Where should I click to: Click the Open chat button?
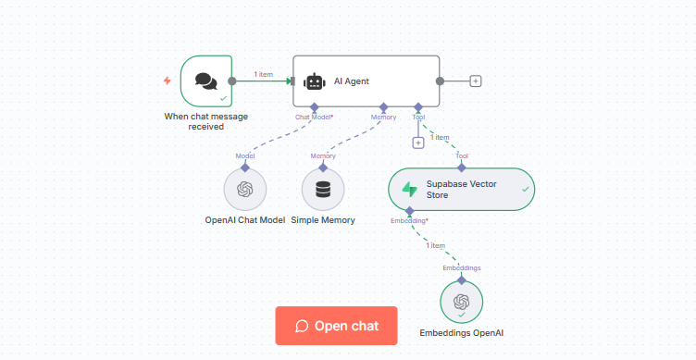[336, 326]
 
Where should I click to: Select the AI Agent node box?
[366, 81]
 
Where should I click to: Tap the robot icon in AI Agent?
[315, 81]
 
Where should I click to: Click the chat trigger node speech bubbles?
[205, 81]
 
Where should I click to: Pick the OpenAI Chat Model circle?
[244, 190]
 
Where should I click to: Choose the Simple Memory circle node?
[323, 190]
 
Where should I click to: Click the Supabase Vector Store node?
[461, 189]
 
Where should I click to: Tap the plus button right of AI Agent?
[476, 81]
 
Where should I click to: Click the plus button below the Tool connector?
[418, 142]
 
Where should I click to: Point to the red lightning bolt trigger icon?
[167, 81]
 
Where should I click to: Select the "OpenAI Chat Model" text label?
[245, 220]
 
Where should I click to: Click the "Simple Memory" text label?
[323, 220]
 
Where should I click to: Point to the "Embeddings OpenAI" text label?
[462, 331]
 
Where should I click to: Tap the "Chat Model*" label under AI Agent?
[314, 118]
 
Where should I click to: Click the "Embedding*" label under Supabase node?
[409, 220]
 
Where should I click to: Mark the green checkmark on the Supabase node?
[525, 189]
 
